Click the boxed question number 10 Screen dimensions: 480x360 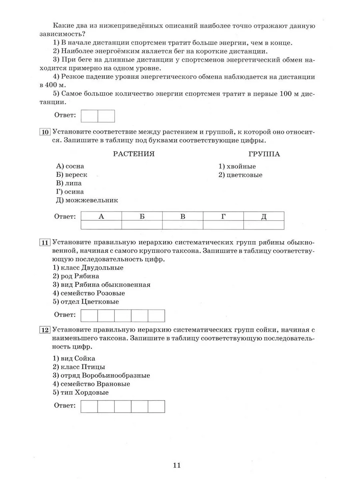click(45, 132)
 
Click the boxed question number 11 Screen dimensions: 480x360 click(45, 242)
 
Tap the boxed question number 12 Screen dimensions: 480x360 click(45, 330)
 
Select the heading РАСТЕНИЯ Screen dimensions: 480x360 click(134, 154)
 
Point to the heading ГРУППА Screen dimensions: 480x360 click(264, 154)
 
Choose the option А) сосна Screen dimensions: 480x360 click(70, 166)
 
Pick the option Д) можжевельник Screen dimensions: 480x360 click(87, 200)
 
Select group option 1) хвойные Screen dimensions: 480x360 click(237, 166)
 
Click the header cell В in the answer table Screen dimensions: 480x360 click(182, 216)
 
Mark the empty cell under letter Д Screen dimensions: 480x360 click(264, 225)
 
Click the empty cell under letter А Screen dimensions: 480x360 click(101, 225)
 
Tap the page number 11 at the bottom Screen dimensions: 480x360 click(177, 465)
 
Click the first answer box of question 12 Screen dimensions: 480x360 click(89, 406)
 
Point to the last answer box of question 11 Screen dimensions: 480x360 click(156, 316)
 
